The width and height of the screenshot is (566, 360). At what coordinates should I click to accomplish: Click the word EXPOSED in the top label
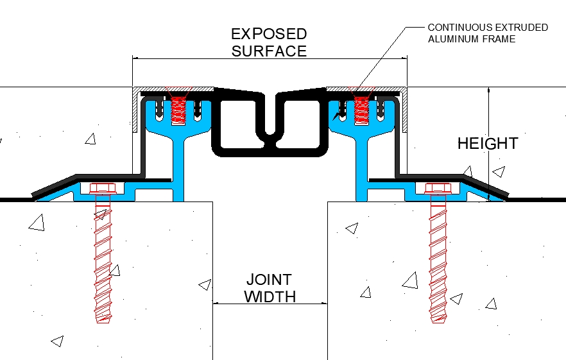[269, 33]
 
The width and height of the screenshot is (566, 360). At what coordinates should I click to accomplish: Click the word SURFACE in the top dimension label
[269, 51]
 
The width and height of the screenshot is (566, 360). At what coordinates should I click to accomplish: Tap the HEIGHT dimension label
[488, 144]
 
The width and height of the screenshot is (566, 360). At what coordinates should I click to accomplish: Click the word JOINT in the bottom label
[269, 280]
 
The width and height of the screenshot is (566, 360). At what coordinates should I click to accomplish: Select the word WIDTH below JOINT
[270, 296]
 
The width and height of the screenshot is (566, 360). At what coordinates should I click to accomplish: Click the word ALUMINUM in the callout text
[455, 39]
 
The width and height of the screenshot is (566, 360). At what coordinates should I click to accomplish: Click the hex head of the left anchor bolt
[102, 189]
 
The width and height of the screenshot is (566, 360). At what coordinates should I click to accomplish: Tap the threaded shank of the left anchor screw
[103, 257]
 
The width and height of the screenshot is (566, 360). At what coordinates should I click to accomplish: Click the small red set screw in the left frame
[180, 110]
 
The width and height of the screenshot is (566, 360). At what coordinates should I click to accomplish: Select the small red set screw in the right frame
[361, 110]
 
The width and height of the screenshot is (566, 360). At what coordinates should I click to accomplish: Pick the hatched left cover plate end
[135, 109]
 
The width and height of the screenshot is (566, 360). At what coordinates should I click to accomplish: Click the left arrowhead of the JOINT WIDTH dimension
[216, 304]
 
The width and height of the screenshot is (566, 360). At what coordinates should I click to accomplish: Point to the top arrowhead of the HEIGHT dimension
[489, 90]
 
